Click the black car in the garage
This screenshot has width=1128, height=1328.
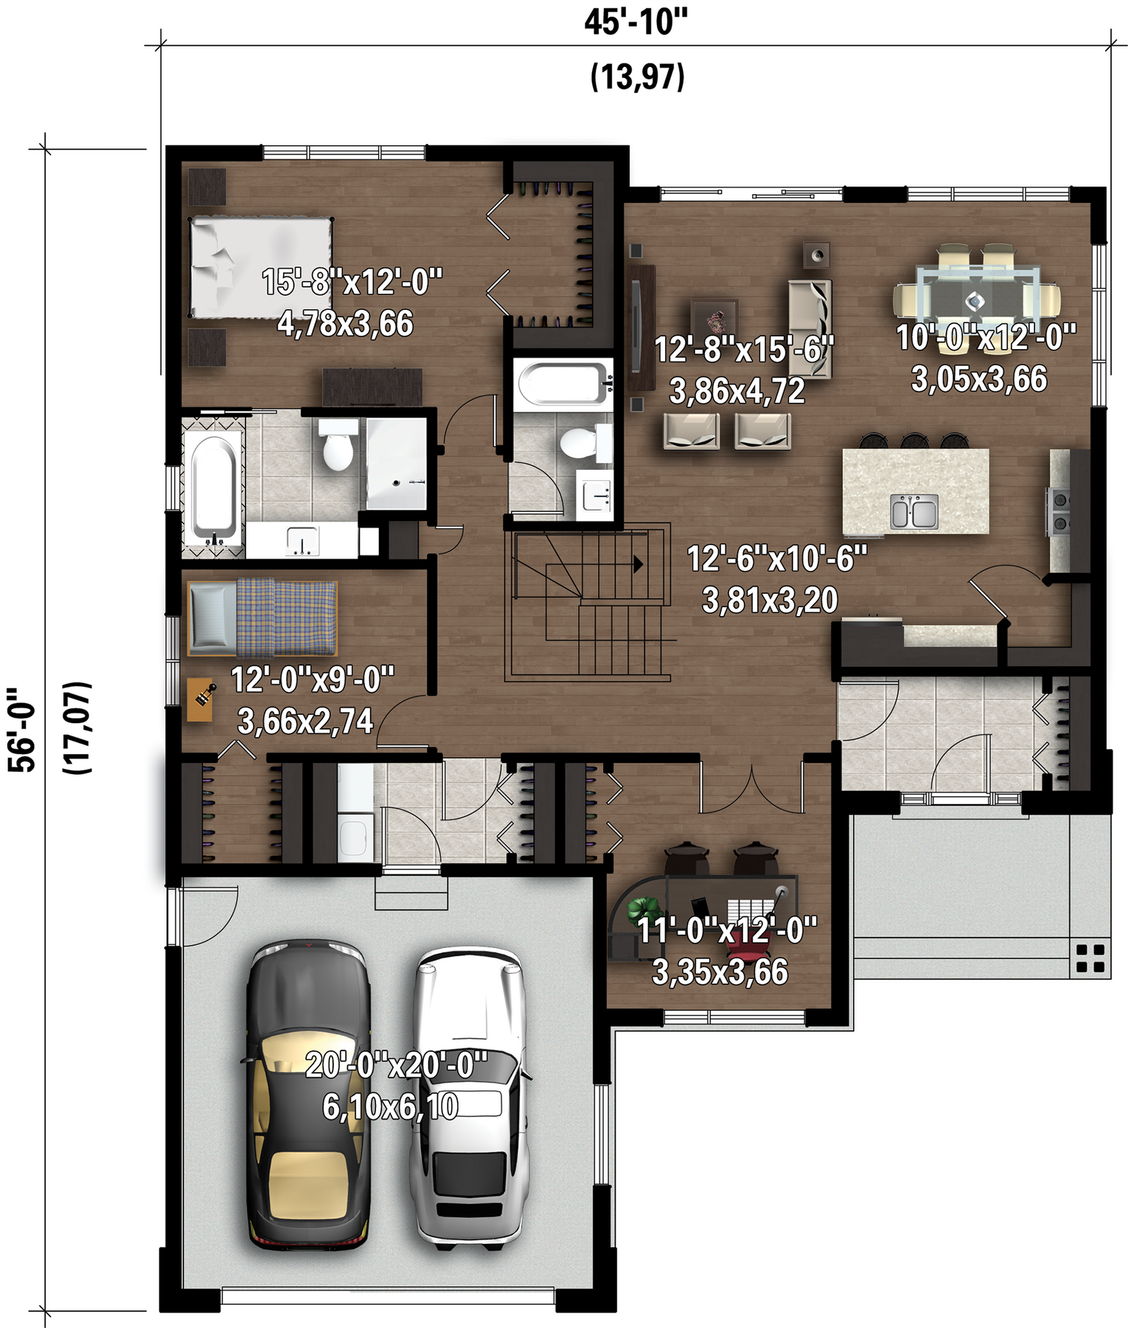[x=307, y=1095]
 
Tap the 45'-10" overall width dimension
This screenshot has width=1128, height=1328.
[x=636, y=22]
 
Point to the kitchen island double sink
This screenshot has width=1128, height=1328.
[x=914, y=511]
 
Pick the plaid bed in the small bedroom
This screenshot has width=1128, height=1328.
[x=262, y=618]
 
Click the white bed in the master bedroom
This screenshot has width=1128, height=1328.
[x=260, y=267]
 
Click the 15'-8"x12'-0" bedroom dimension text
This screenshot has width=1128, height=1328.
[x=352, y=282]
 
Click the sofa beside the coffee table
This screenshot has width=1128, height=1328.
[x=810, y=329]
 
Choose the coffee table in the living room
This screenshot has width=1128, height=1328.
[x=714, y=321]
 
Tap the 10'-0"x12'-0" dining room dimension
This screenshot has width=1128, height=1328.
[x=986, y=337]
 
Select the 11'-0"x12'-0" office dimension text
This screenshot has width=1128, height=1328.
[x=728, y=930]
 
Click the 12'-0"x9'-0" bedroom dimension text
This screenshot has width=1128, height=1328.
[x=313, y=679]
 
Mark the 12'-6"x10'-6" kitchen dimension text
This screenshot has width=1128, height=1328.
[x=777, y=558]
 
